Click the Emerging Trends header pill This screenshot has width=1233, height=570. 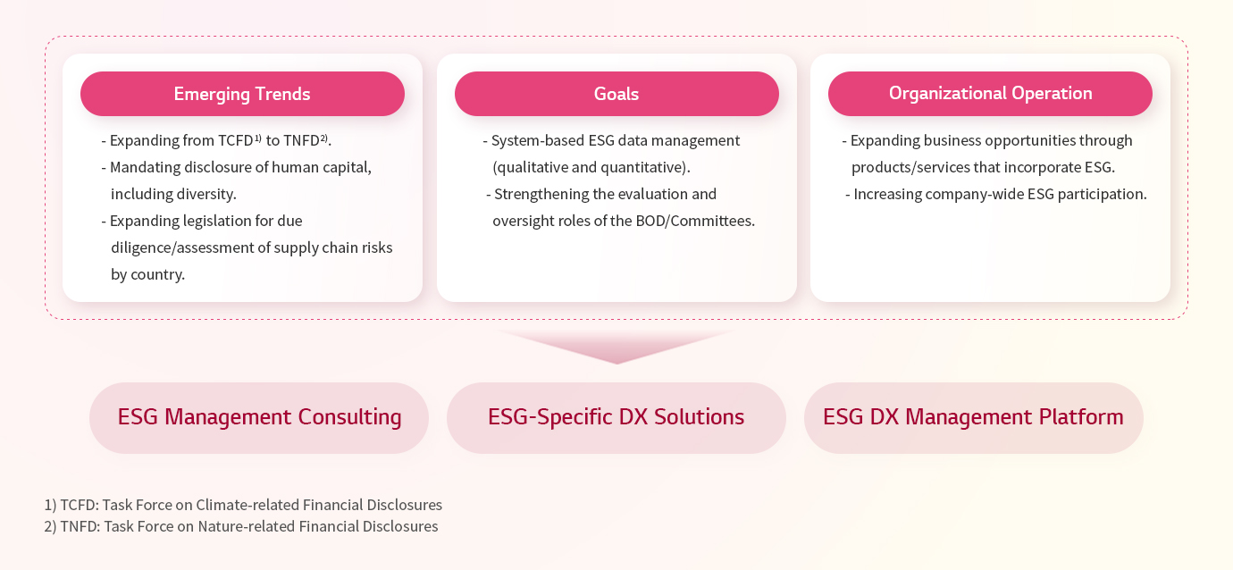coord(242,94)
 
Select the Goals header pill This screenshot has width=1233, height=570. coord(616,94)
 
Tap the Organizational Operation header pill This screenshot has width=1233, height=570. coord(990,94)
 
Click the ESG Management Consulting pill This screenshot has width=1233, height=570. coord(259,417)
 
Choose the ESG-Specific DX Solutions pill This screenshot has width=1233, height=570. coord(616,417)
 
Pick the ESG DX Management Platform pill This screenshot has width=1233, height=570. coord(973,417)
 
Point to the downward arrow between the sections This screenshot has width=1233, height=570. coord(616,347)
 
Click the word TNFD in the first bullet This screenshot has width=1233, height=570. coord(301,141)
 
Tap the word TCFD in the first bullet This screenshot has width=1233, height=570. coord(236,141)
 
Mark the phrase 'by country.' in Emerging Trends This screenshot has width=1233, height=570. coord(147,274)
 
